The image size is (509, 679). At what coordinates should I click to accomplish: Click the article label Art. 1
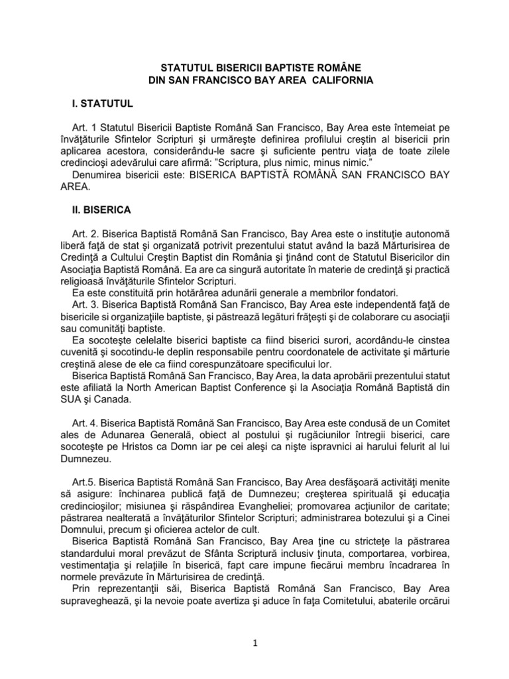pos(84,127)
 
